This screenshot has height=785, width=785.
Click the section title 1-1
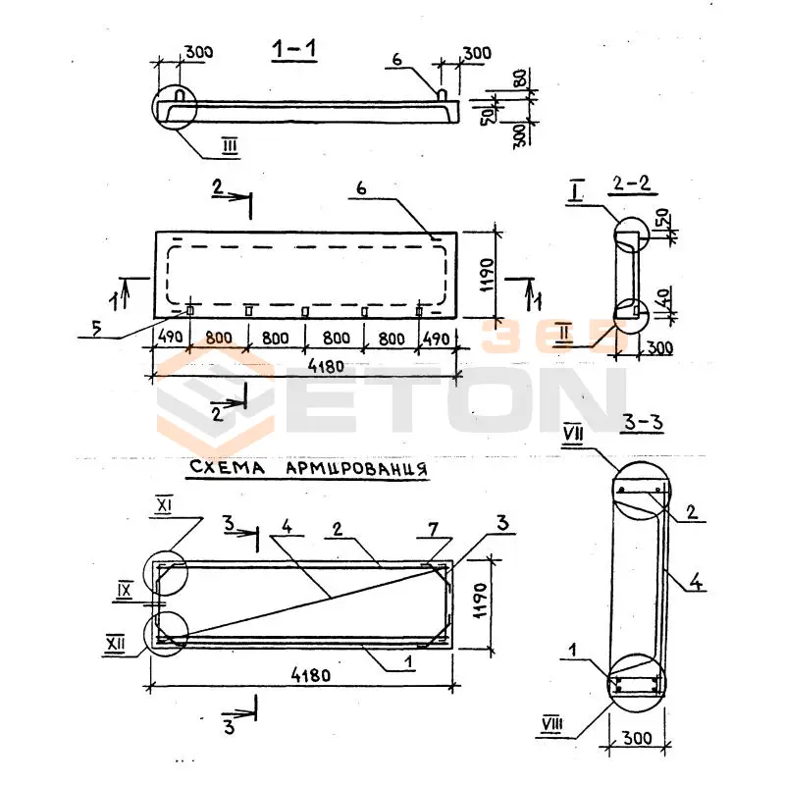294,49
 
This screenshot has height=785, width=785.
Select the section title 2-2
632,183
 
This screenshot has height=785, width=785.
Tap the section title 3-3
644,422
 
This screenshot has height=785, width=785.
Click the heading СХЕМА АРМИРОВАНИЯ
308,468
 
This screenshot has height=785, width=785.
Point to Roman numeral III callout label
230,146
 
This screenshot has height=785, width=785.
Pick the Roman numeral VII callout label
573,434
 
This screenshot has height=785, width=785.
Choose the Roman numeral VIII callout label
552,724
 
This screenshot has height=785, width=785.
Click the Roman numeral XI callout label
164,506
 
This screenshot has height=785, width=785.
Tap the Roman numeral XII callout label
115,643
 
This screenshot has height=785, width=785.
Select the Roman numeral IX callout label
125,591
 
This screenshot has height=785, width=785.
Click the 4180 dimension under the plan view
326,366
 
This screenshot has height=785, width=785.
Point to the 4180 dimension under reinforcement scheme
311,675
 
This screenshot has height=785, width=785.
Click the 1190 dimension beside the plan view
486,275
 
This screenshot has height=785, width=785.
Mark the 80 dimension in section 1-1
520,78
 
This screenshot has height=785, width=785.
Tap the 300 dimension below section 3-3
637,738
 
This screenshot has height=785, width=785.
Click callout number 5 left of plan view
96,328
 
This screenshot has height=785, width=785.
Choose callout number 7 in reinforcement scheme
433,529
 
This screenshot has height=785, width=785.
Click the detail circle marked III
175,107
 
